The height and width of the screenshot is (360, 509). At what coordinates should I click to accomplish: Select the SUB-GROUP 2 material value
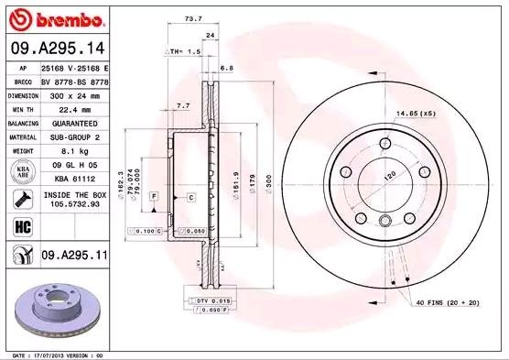click(74, 136)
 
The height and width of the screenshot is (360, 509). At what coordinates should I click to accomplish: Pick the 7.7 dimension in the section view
click(182, 106)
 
